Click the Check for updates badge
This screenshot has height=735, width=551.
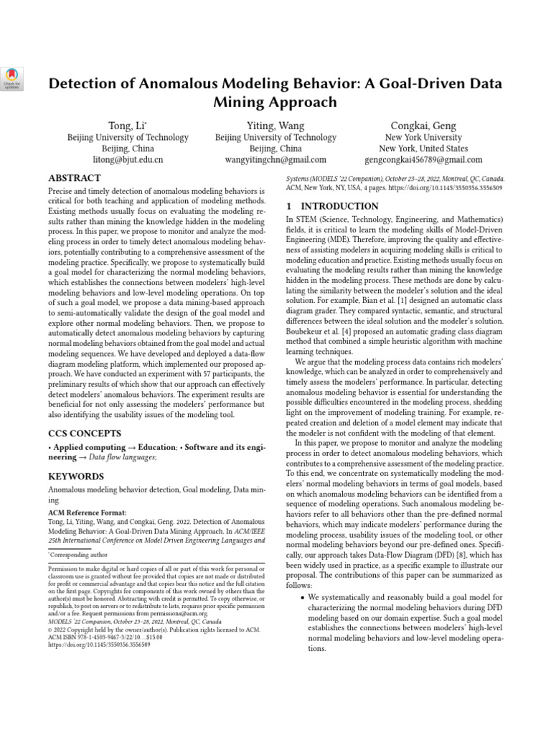pyautogui.click(x=14, y=79)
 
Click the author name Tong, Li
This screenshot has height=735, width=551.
pyautogui.click(x=127, y=126)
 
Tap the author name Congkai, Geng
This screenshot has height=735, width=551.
pyautogui.click(x=423, y=126)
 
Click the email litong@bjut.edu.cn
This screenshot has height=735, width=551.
pyautogui.click(x=128, y=160)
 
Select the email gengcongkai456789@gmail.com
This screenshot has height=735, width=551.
pyautogui.click(x=423, y=160)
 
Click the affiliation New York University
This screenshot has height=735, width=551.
pyautogui.click(x=423, y=137)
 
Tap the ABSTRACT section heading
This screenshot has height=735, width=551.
pyautogui.click(x=75, y=178)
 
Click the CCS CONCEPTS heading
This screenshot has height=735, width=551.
pyautogui.click(x=85, y=434)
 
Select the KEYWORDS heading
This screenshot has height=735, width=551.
pyautogui.click(x=75, y=476)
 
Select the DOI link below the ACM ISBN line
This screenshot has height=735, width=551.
pyautogui.click(x=99, y=645)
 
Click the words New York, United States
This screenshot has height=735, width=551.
pyautogui.click(x=423, y=149)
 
